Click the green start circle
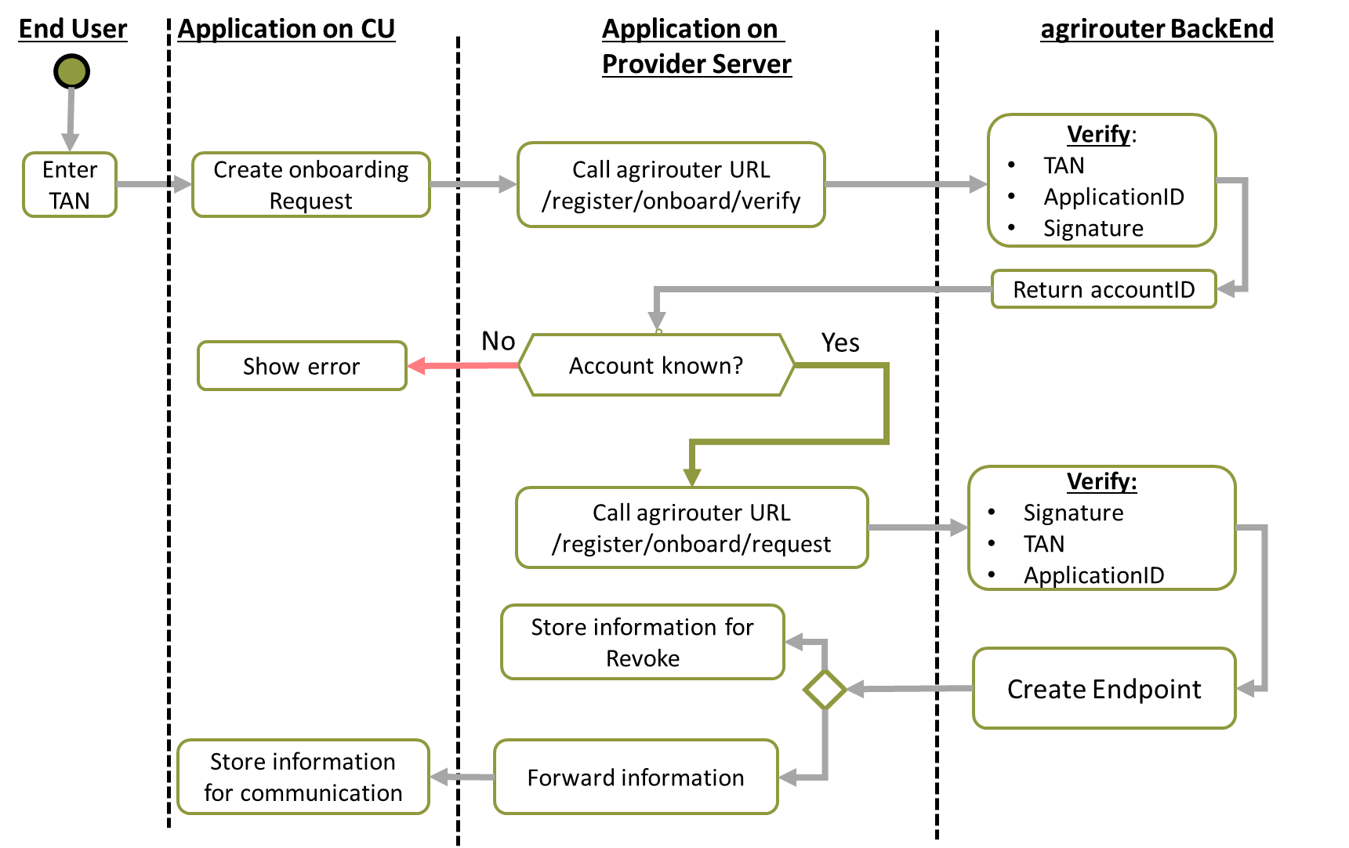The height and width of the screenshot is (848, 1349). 71,71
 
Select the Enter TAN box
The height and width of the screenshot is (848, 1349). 70,185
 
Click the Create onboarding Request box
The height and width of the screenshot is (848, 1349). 310,185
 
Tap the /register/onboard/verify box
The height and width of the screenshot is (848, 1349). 671,185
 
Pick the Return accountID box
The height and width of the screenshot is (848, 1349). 1103,289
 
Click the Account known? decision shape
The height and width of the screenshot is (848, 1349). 656,365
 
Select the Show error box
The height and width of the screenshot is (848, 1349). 302,366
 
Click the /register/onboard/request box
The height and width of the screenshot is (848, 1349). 691,527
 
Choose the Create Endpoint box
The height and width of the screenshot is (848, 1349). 1104,689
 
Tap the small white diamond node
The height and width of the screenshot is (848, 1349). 825,690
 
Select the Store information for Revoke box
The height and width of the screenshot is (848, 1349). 642,642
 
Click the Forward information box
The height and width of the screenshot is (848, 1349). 636,777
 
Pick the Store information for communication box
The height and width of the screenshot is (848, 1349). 303,777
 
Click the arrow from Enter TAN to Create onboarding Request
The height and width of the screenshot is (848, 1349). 154,184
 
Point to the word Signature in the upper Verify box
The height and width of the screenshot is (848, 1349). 1093,228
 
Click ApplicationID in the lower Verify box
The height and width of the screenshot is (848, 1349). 1093,575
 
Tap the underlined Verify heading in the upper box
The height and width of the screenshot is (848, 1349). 1098,134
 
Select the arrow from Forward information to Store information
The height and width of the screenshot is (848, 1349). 462,777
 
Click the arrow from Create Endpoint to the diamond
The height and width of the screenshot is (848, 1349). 909,689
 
